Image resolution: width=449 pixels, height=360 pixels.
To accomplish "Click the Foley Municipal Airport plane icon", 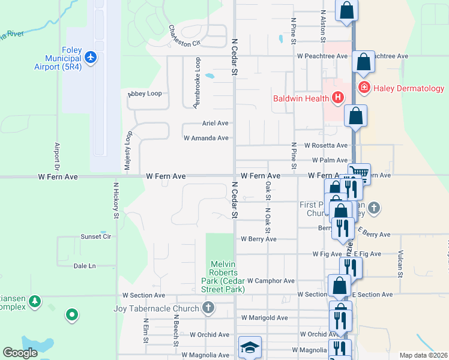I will coord(91,57).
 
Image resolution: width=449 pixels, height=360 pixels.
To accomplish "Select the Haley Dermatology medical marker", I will coord(364,88).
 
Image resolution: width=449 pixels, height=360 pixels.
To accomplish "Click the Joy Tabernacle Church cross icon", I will coord(208,308).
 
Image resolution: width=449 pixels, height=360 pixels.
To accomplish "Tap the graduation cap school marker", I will coord(250,347).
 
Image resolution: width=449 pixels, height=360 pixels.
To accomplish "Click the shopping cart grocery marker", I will coord(359,173).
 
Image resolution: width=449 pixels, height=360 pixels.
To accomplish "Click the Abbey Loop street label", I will coord(145,94).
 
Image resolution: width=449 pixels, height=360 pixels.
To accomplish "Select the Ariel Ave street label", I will coord(215,123).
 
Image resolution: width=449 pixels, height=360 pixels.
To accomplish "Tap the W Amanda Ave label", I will coord(206,138).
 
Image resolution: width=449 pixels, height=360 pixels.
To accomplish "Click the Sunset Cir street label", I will coord(96,236).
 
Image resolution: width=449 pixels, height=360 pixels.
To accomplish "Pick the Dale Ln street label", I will coord(84,265).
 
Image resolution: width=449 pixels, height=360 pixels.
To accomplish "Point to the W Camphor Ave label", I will coord(271,280).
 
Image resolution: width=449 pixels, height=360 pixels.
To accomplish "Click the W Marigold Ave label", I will coord(264,317).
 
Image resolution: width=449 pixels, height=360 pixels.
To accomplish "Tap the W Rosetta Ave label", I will coord(325,145).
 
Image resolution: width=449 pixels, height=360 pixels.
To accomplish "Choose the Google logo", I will coord(20,353).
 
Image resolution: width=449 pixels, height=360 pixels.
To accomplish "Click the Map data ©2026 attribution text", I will coord(424,355).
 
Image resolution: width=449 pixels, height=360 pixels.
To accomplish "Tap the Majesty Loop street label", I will coord(128,152).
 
